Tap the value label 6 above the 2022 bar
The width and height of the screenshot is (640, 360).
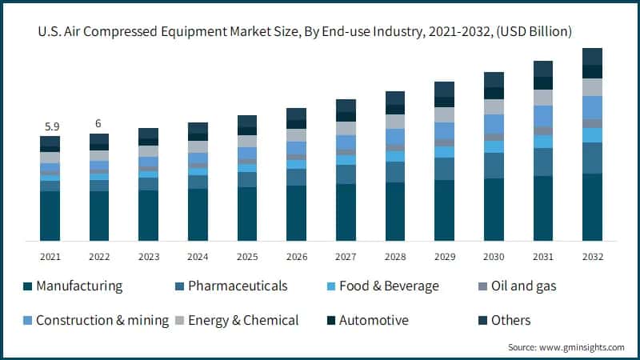click(x=99, y=124)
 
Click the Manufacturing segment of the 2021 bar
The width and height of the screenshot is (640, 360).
click(x=50, y=215)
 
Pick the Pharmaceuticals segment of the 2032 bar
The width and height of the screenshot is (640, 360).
click(x=592, y=158)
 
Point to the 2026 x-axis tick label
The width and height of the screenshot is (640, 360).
click(x=297, y=257)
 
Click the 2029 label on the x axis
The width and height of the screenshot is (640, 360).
click(x=444, y=257)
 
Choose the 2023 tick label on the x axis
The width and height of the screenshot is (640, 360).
click(x=149, y=257)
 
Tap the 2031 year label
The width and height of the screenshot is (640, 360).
click(x=543, y=257)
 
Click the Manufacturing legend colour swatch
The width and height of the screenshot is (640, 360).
click(x=28, y=286)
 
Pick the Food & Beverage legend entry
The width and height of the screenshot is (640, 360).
click(x=389, y=286)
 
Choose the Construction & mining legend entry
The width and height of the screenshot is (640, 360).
click(x=102, y=320)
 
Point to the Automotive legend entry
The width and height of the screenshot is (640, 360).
click(x=374, y=320)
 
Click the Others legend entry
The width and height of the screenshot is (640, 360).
click(x=510, y=320)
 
